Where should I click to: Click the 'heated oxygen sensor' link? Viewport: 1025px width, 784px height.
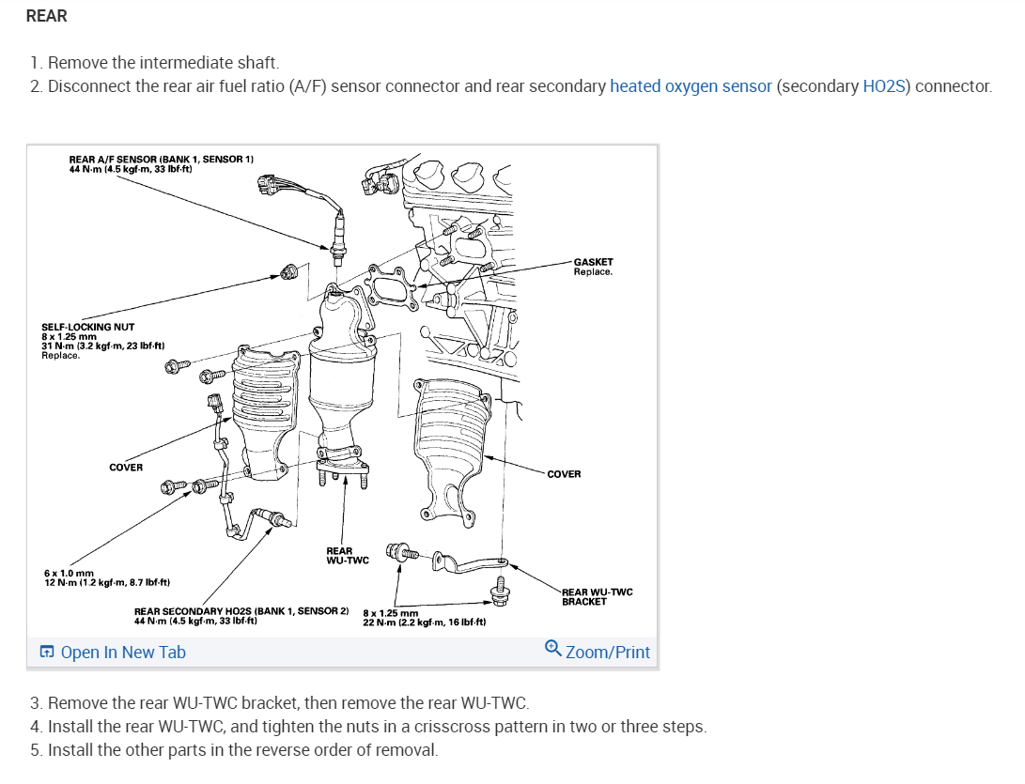coord(691,86)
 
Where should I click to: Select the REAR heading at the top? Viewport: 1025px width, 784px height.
coord(47,16)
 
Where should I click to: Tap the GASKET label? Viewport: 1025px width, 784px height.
coord(593,262)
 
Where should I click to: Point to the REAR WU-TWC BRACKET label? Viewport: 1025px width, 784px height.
coord(597,596)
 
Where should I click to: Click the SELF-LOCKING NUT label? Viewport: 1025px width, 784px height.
coord(88,327)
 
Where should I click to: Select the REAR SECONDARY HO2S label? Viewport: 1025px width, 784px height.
coord(241,611)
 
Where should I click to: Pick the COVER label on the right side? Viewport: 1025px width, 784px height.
coord(564,474)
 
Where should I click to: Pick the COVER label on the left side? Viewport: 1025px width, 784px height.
coord(126,467)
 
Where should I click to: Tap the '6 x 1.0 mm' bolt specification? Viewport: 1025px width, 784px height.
coord(70,573)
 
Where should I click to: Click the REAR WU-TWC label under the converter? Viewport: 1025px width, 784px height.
coord(347,556)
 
